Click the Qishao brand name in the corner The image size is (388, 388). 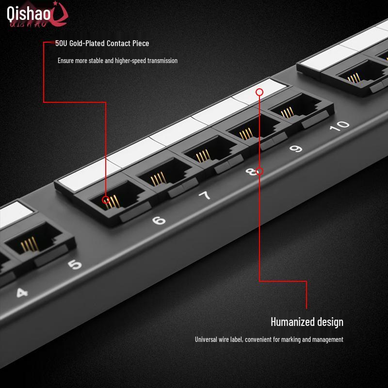point(29,14)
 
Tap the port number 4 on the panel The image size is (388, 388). point(22,293)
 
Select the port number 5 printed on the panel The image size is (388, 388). point(75,264)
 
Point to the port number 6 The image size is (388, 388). point(159,220)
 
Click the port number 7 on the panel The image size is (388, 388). point(205,196)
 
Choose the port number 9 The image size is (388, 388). point(296,148)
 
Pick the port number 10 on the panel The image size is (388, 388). point(339,126)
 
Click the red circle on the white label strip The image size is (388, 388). point(259,92)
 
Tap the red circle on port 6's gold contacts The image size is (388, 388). point(106,200)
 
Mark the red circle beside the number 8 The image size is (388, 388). point(259,171)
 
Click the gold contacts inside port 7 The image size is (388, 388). point(158,178)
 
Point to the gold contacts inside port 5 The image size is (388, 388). point(30,244)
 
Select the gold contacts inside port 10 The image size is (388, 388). point(287,113)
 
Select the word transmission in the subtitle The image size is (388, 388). point(162,61)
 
